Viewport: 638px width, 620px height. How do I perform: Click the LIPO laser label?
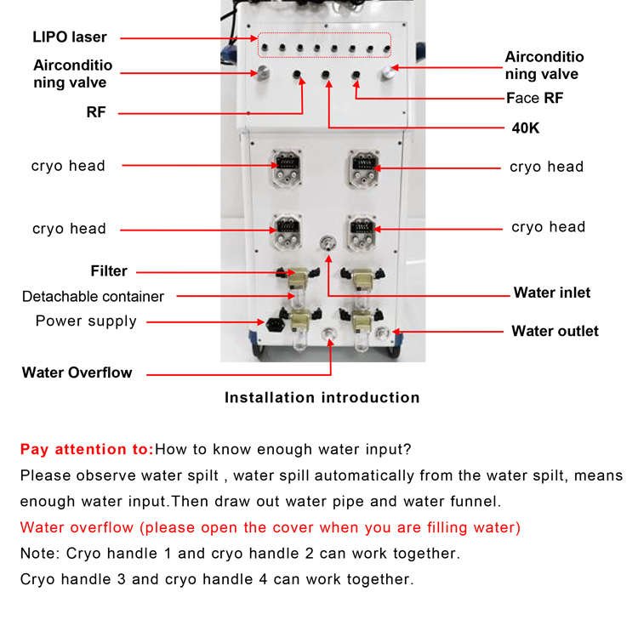[70, 37]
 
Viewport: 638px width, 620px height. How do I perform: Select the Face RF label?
[535, 99]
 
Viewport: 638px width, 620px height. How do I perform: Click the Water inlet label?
[551, 293]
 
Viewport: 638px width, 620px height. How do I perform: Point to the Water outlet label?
[555, 331]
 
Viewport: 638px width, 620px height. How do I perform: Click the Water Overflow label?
[77, 373]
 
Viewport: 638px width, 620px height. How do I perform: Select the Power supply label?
[86, 321]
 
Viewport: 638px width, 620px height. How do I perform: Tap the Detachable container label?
[93, 296]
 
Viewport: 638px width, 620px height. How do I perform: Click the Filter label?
[109, 271]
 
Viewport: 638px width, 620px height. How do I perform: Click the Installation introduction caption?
[322, 397]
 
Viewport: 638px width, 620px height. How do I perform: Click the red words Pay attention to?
[87, 449]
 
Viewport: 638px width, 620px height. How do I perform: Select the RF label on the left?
[96, 111]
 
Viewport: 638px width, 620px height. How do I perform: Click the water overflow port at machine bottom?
[330, 336]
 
